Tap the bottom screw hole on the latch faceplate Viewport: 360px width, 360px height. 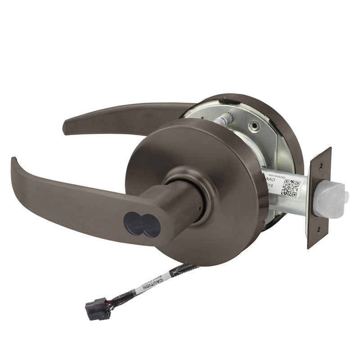[x=319, y=229]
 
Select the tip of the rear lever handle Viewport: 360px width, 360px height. [x=67, y=126]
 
